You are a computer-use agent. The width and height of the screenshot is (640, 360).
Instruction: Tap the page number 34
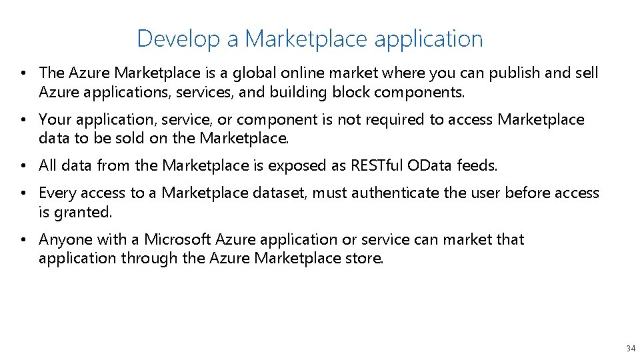[631, 349]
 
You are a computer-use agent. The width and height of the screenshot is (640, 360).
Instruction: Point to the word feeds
[476, 165]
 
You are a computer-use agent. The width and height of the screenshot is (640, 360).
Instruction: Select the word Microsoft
[175, 239]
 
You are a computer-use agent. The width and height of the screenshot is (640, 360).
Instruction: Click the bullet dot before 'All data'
[23, 166]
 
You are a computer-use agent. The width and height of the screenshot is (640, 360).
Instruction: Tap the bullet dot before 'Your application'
[23, 120]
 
